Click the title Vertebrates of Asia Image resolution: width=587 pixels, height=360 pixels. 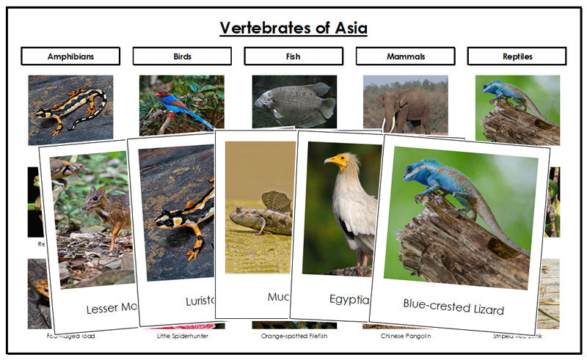click(293, 29)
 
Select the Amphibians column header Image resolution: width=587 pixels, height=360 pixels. click(70, 56)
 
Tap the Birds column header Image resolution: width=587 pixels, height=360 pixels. click(182, 56)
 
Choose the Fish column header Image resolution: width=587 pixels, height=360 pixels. click(293, 56)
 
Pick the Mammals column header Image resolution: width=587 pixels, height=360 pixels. click(405, 56)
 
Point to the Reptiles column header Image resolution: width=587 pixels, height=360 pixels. click(517, 56)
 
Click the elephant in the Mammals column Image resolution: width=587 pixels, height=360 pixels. click(405, 108)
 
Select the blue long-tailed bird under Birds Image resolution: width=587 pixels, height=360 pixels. click(172, 103)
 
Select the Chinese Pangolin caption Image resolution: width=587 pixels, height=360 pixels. click(405, 336)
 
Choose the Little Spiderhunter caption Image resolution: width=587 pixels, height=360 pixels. click(182, 336)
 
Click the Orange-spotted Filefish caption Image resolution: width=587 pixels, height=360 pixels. click(293, 336)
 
